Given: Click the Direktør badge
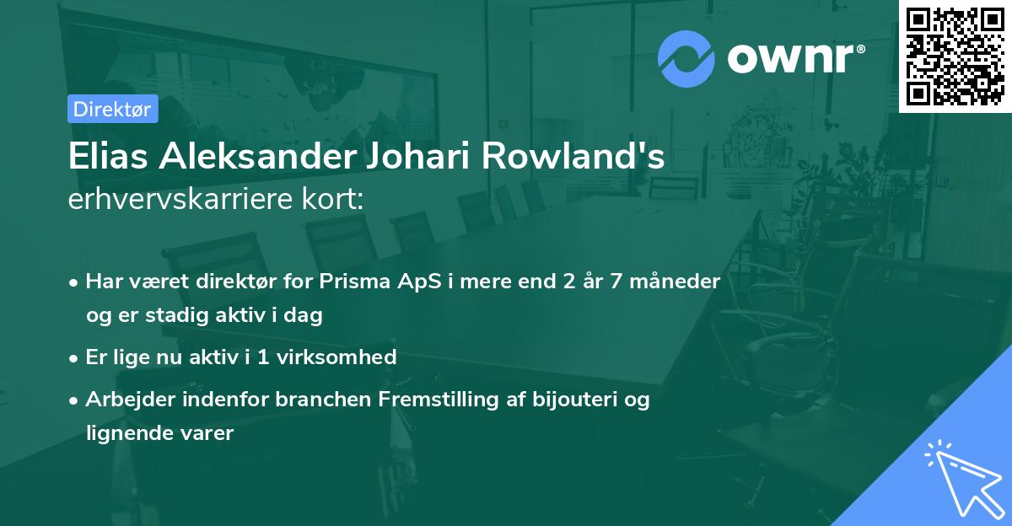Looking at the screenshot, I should (112, 109).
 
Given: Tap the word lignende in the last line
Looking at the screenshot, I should (123, 433).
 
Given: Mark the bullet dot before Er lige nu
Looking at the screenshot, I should (75, 358).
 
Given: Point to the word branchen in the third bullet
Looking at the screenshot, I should (313, 400).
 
